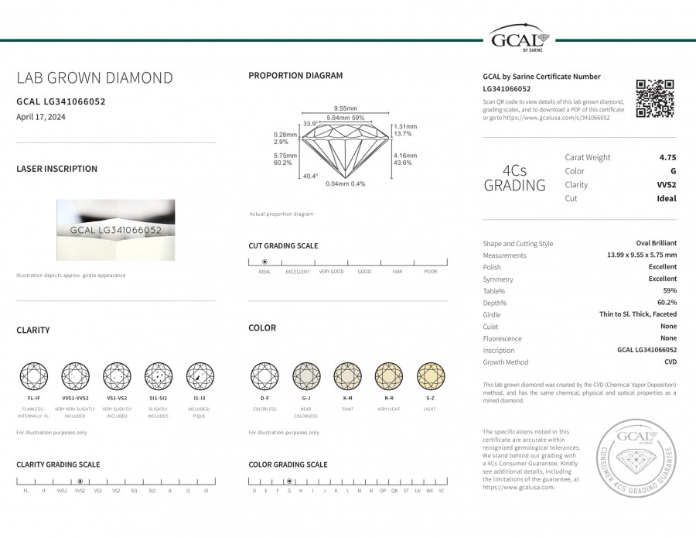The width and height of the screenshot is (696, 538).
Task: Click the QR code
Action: point(654,98)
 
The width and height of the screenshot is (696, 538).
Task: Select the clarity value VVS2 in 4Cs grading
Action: point(665,185)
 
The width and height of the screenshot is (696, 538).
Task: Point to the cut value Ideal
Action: point(667,198)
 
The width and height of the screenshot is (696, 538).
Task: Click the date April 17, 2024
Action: point(39,117)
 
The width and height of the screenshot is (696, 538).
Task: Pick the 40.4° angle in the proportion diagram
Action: point(309,176)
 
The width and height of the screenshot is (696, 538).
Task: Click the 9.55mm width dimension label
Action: point(345,108)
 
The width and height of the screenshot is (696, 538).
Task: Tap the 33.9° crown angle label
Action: point(311,124)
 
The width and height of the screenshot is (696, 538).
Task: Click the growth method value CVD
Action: point(670,362)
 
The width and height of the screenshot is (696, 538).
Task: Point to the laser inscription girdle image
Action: point(115,230)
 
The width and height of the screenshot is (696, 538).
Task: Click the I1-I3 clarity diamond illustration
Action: point(200,376)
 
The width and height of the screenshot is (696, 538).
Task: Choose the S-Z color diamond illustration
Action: point(431,376)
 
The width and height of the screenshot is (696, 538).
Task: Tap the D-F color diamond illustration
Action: point(264,376)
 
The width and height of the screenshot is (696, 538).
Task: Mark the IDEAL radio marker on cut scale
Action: point(264,262)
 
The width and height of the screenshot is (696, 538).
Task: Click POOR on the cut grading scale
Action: point(430,272)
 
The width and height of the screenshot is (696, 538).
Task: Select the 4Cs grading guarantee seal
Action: point(637,458)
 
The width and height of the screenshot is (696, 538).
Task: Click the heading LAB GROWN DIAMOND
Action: point(94,78)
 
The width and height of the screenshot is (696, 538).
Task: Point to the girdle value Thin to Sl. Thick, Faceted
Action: point(638,314)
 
